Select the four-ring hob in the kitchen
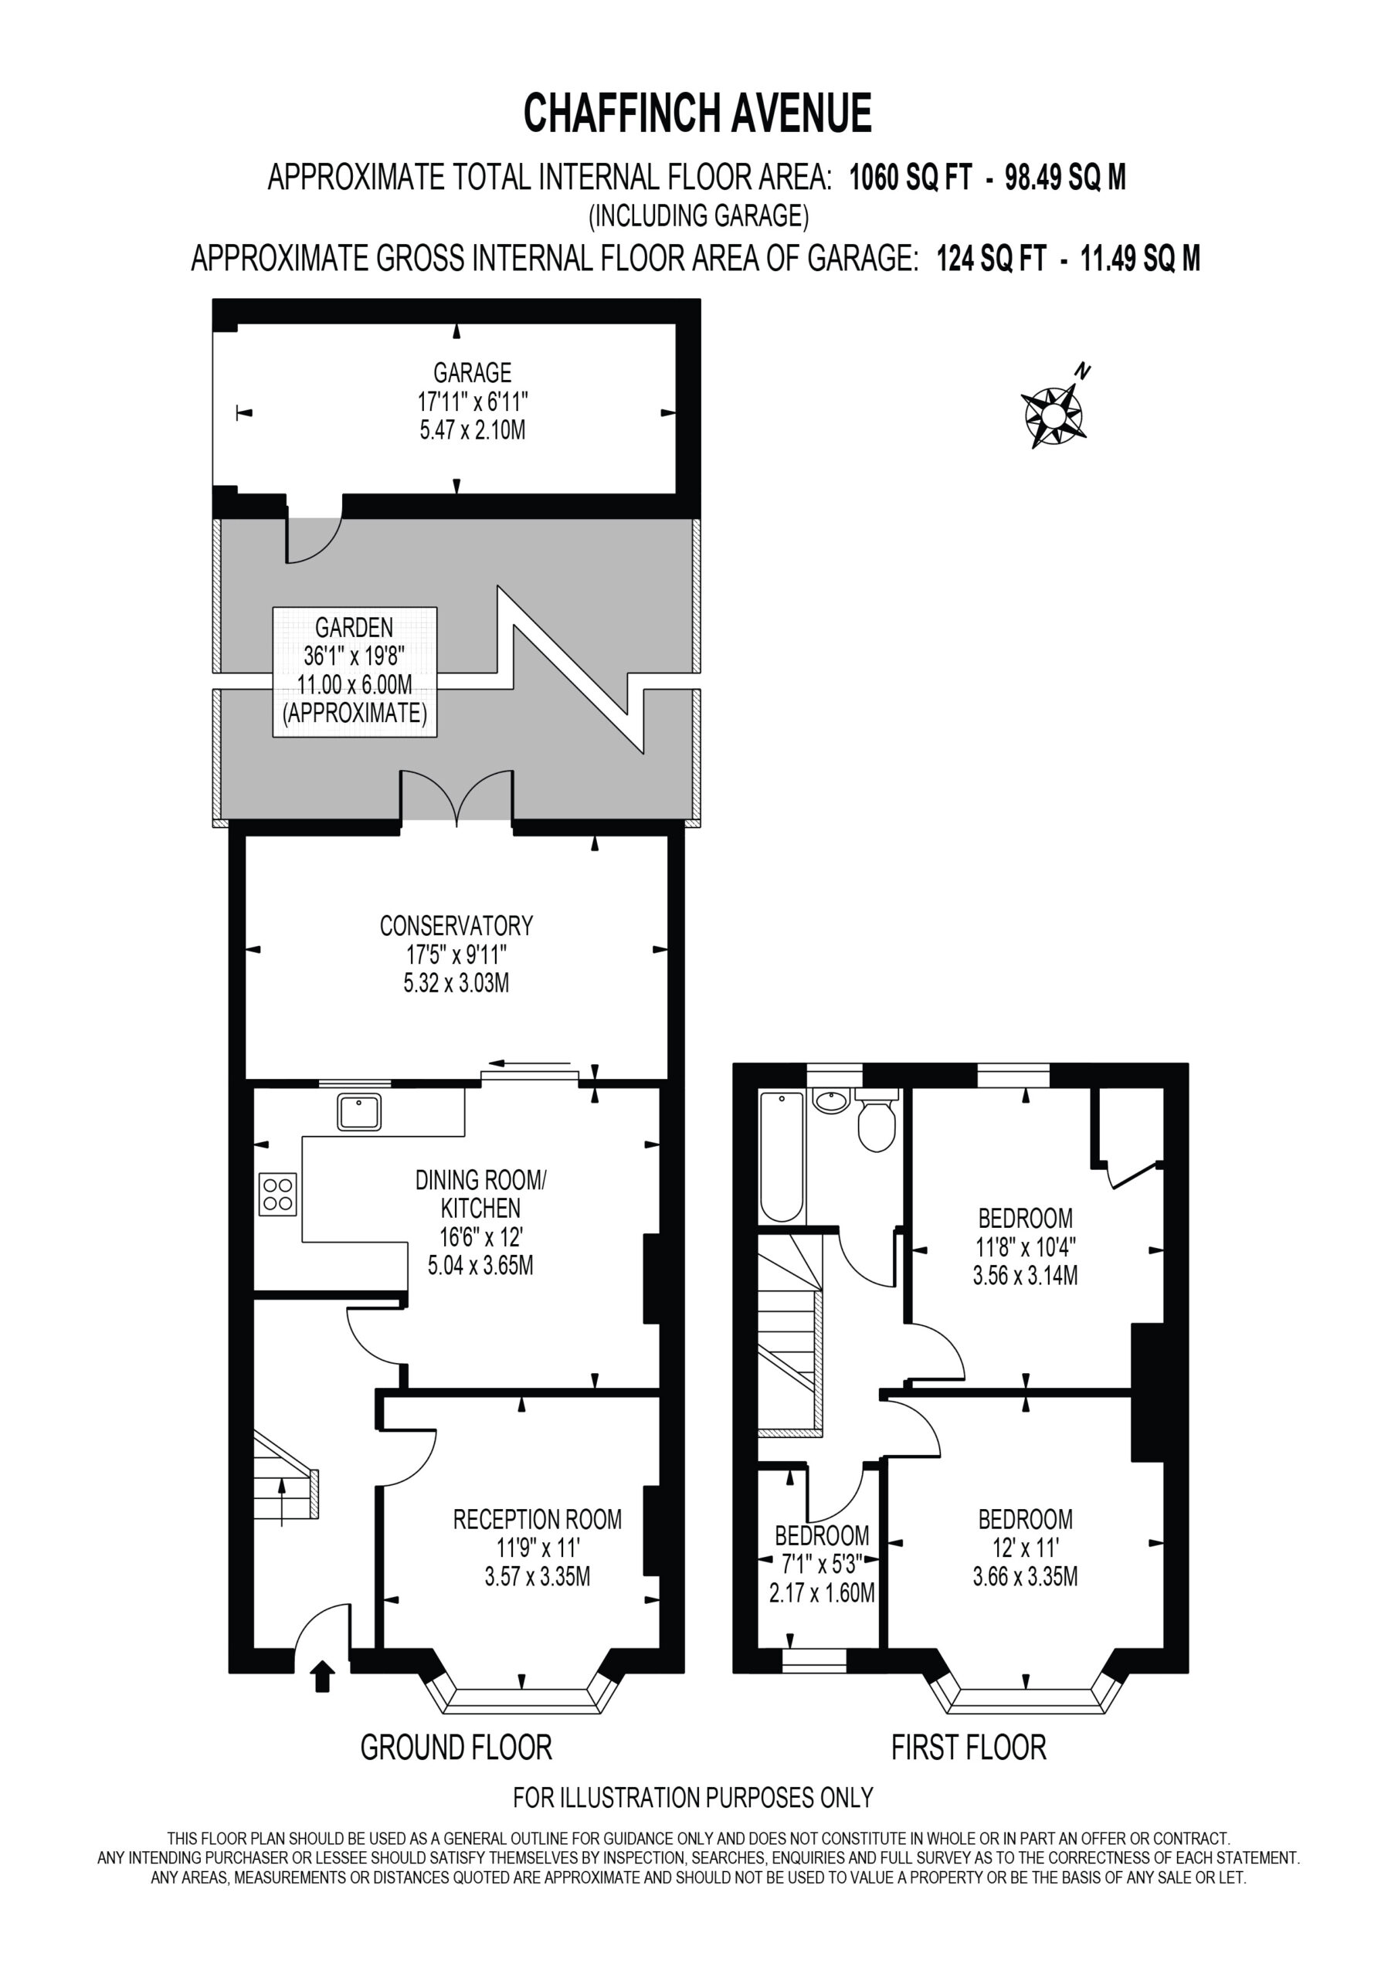(x=277, y=1194)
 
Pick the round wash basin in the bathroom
(x=831, y=1101)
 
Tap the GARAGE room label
(x=472, y=373)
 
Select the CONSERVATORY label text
(x=456, y=926)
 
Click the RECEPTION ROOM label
(x=538, y=1520)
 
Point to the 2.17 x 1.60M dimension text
(x=822, y=1593)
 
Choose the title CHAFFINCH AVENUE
(x=698, y=114)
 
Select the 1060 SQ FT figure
(x=911, y=178)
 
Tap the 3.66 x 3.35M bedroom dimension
(x=1025, y=1577)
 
